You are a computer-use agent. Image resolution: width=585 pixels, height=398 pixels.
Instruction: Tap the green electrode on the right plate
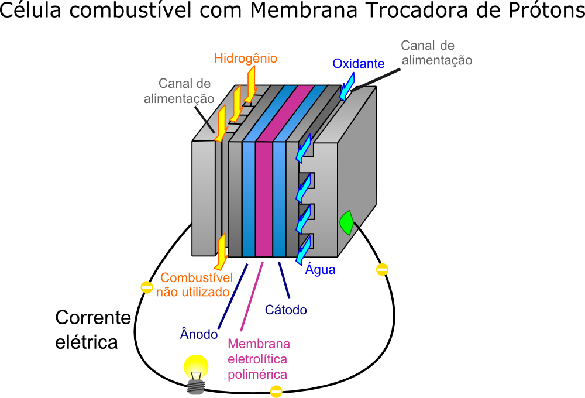(x=346, y=222)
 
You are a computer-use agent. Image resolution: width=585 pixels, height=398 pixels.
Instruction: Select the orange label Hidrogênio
(x=245, y=59)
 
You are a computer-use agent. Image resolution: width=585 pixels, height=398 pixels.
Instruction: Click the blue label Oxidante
(x=358, y=64)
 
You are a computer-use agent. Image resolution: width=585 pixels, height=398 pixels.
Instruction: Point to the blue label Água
(x=320, y=270)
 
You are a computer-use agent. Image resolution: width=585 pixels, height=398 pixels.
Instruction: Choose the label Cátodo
(x=285, y=310)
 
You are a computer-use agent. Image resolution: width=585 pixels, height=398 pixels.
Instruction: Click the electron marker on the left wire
(x=146, y=287)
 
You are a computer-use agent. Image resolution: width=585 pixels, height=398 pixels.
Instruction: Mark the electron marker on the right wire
(x=382, y=269)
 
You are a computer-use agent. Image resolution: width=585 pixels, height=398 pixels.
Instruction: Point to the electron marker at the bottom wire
(x=276, y=392)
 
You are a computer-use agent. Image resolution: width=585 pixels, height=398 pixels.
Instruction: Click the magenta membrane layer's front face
(x=264, y=199)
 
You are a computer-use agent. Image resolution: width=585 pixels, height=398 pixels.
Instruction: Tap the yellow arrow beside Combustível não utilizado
(x=222, y=251)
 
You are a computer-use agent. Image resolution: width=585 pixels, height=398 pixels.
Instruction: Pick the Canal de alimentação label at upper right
(x=436, y=53)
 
